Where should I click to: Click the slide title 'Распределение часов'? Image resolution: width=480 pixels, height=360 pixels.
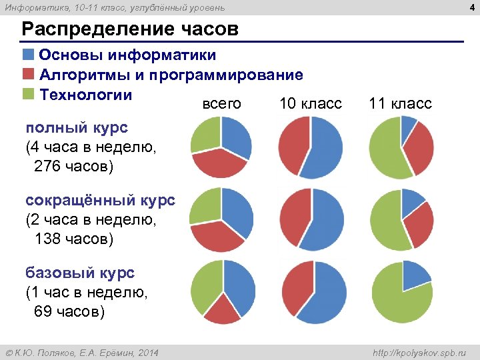(129, 30)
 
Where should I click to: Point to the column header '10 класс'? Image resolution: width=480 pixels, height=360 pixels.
(310, 104)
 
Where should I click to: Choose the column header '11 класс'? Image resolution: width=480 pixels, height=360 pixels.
(400, 104)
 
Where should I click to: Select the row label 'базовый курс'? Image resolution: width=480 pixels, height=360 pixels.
(80, 273)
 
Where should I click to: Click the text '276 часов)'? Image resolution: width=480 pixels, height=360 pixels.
(73, 165)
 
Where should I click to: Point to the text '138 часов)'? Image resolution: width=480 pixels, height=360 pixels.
(73, 238)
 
